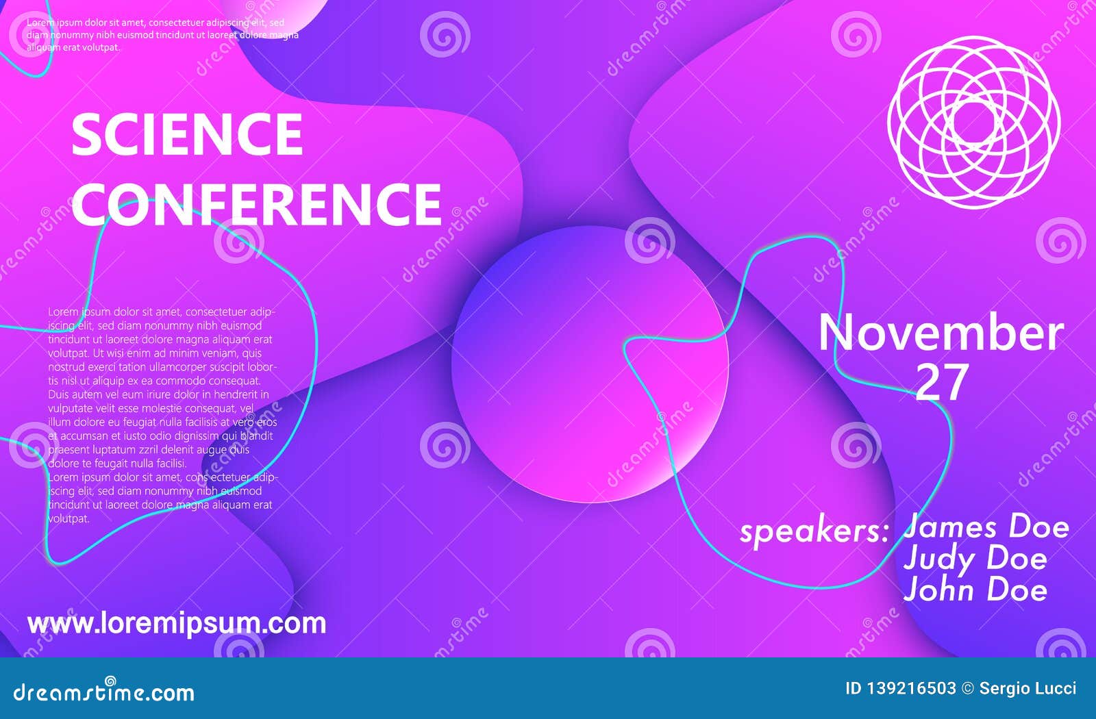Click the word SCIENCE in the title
click(x=186, y=134)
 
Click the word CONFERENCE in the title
click(x=256, y=203)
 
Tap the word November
click(x=941, y=333)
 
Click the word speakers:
click(x=814, y=531)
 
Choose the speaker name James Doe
click(x=986, y=527)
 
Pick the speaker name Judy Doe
click(x=975, y=559)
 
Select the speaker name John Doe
click(x=975, y=590)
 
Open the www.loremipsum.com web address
click(x=177, y=623)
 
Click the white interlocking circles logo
click(x=973, y=123)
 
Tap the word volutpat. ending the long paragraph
click(x=68, y=519)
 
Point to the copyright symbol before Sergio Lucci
click(x=967, y=688)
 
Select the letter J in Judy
click(x=912, y=559)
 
